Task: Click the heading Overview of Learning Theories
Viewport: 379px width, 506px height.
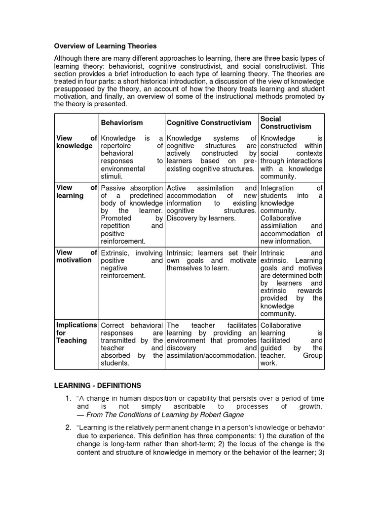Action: [105, 46]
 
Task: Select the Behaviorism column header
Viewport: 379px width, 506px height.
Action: [122, 123]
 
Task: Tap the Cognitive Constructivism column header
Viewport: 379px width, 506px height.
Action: [209, 123]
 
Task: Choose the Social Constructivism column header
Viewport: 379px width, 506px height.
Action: [286, 123]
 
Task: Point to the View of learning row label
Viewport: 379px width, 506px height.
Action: [76, 192]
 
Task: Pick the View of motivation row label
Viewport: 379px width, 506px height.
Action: [76, 256]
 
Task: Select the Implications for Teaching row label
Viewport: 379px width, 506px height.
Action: [76, 333]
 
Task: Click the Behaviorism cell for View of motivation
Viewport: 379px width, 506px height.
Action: [131, 264]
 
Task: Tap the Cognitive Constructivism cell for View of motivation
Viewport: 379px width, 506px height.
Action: [211, 260]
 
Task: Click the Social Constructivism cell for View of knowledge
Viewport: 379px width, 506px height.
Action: [291, 157]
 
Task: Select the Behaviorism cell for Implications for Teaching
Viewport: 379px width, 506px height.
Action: [131, 344]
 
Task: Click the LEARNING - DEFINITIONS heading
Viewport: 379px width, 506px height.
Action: [97, 385]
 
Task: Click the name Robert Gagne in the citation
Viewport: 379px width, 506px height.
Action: [221, 415]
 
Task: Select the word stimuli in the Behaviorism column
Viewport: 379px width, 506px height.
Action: [112, 176]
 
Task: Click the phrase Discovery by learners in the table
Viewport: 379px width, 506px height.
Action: [201, 218]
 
